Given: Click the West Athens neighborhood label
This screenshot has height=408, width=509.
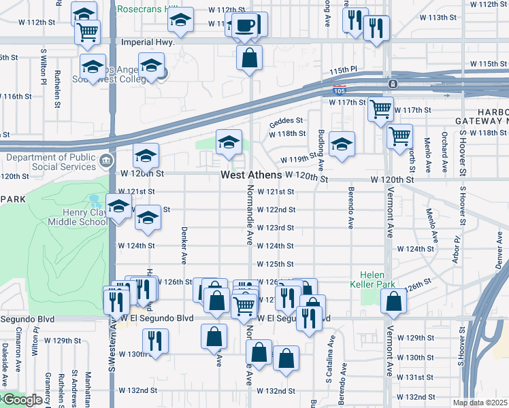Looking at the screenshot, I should (x=251, y=175).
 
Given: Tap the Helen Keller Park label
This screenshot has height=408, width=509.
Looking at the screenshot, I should (x=372, y=279).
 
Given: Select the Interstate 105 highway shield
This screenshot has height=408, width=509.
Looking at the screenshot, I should (x=338, y=90).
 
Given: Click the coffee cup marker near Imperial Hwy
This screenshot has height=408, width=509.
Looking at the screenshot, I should (x=245, y=26).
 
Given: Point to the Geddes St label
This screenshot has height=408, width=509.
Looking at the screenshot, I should (x=285, y=122).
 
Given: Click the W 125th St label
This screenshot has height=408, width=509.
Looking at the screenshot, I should (x=274, y=264).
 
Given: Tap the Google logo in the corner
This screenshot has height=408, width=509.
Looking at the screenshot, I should (x=22, y=401).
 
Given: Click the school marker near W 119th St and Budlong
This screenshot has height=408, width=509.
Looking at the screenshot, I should (x=342, y=143).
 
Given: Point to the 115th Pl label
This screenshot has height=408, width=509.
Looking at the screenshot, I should (x=344, y=69).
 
